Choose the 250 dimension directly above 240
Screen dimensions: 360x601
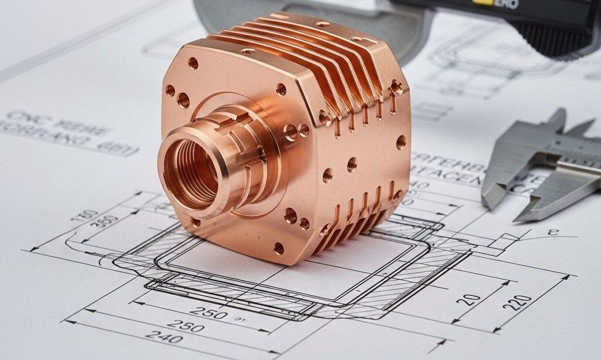185,324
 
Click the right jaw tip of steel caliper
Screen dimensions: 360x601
519,217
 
